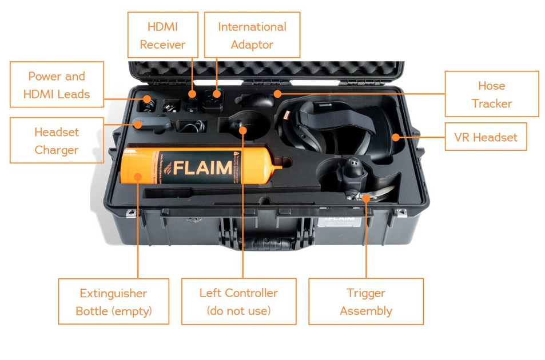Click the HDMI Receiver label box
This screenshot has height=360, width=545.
click(162, 35)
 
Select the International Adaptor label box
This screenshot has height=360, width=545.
click(252, 35)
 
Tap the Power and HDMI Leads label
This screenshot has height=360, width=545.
click(57, 85)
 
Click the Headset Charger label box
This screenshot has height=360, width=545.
click(57, 141)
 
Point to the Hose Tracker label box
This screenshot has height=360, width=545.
click(491, 94)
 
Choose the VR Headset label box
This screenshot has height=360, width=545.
click(486, 137)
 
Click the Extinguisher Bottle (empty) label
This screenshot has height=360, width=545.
click(113, 302)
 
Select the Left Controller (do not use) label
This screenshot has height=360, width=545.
click(238, 302)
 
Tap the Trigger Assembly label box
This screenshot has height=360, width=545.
click(365, 302)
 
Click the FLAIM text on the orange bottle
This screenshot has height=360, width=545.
click(202, 168)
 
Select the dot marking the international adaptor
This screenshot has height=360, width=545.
click(216, 93)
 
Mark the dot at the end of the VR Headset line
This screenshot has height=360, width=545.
click(395, 137)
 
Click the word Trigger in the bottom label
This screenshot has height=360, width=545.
click(365, 293)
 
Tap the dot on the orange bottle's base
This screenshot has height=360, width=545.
click(138, 177)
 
